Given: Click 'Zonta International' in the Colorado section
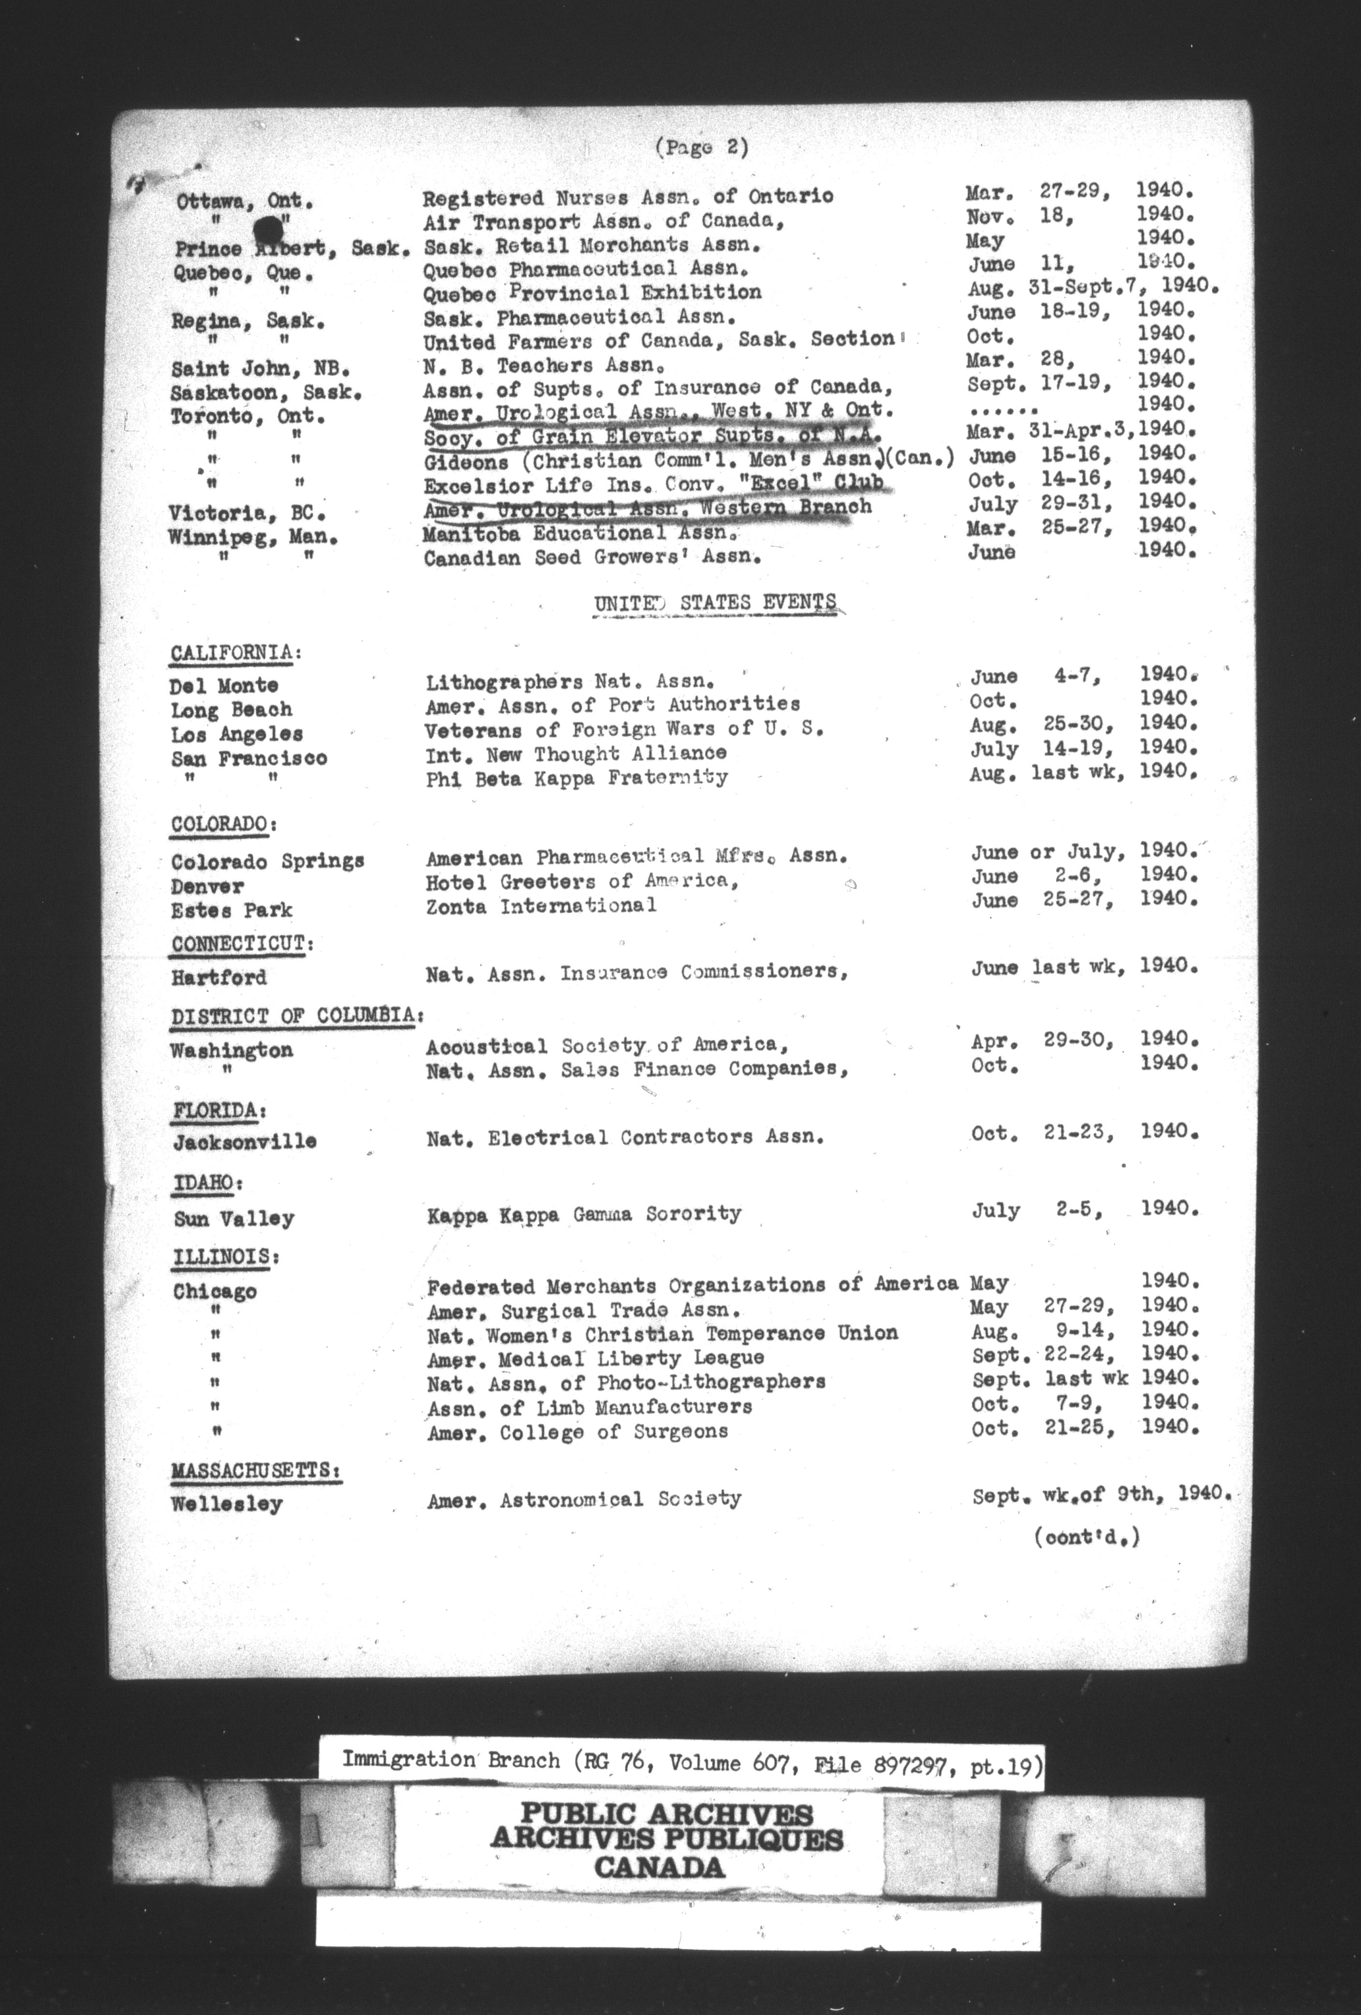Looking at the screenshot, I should point(541,905).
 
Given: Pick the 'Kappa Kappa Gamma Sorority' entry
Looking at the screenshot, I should point(583,1214).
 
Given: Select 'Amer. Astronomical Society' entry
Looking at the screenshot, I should point(583,1499).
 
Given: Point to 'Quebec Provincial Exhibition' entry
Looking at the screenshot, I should point(592,292).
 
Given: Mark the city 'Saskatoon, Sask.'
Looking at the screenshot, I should point(265,392).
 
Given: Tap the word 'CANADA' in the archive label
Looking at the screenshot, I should point(660,1866).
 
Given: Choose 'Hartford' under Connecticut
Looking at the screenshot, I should point(218,977).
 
